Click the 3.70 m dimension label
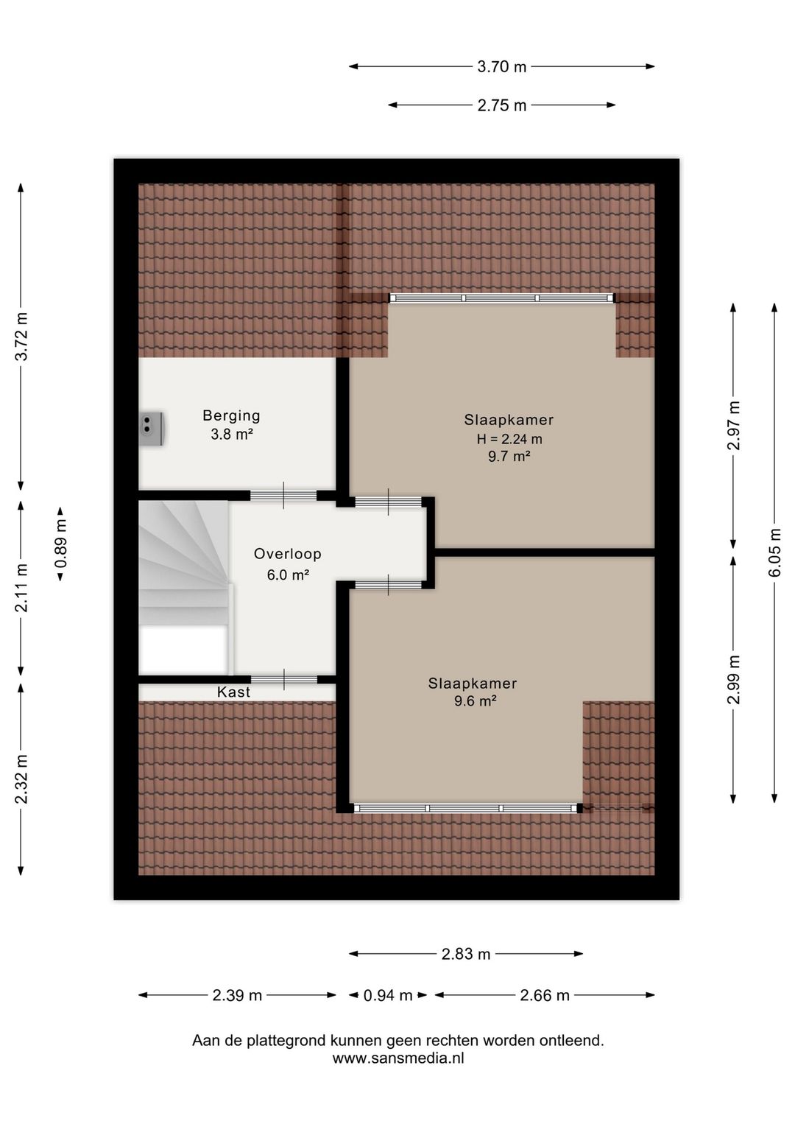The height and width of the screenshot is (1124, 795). tap(501, 67)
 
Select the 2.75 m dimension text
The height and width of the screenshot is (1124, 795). tap(501, 105)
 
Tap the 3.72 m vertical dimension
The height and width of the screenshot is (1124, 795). tap(21, 336)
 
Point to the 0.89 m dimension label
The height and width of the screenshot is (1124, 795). tap(60, 544)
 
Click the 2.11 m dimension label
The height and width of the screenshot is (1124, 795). tap(21, 588)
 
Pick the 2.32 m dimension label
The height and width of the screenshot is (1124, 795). tap(21, 779)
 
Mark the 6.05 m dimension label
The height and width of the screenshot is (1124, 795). tap(775, 552)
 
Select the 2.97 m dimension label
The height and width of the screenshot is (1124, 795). tap(733, 426)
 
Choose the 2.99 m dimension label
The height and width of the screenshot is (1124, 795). tap(733, 679)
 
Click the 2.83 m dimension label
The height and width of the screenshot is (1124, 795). tap(465, 954)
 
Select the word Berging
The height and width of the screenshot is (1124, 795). tap(231, 415)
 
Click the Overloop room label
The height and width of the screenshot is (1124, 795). tap(287, 554)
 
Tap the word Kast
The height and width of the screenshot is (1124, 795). tap(233, 692)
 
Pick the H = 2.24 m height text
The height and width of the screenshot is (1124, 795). tap(509, 439)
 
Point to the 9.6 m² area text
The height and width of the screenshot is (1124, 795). tap(475, 701)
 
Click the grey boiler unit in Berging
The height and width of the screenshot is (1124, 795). tap(151, 429)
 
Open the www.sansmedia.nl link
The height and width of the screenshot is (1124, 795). tap(397, 1058)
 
